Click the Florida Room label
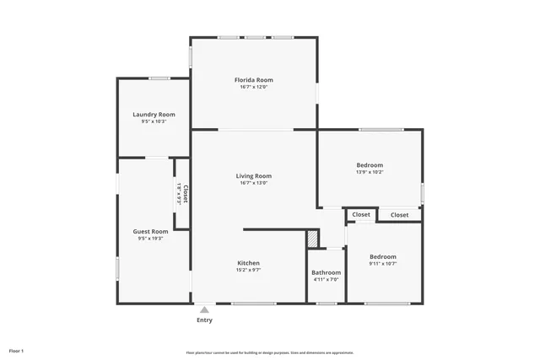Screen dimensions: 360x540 (x=253, y=80)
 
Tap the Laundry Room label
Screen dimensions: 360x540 (x=154, y=114)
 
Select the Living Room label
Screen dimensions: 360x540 (x=253, y=175)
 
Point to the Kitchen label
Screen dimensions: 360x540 (x=248, y=263)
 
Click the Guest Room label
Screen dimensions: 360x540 (x=150, y=231)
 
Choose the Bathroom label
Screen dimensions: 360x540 (x=326, y=272)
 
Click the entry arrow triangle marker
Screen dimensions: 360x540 (x=203, y=309)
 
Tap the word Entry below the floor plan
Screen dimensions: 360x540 (x=204, y=320)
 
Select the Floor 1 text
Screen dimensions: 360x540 (x=17, y=350)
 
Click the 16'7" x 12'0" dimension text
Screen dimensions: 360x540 (x=253, y=87)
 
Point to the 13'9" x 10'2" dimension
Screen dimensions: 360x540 (x=370, y=172)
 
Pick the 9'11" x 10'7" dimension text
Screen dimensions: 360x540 (x=382, y=264)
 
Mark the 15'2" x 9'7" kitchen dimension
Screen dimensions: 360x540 (x=248, y=271)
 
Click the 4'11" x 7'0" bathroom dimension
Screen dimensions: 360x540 (x=326, y=280)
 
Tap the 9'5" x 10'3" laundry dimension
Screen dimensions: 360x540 (x=154, y=121)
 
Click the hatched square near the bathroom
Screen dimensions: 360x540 (x=313, y=239)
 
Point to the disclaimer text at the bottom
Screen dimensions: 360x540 (x=269, y=352)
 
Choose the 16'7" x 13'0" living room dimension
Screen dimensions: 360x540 (x=253, y=183)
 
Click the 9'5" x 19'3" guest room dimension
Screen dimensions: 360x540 (x=150, y=239)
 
